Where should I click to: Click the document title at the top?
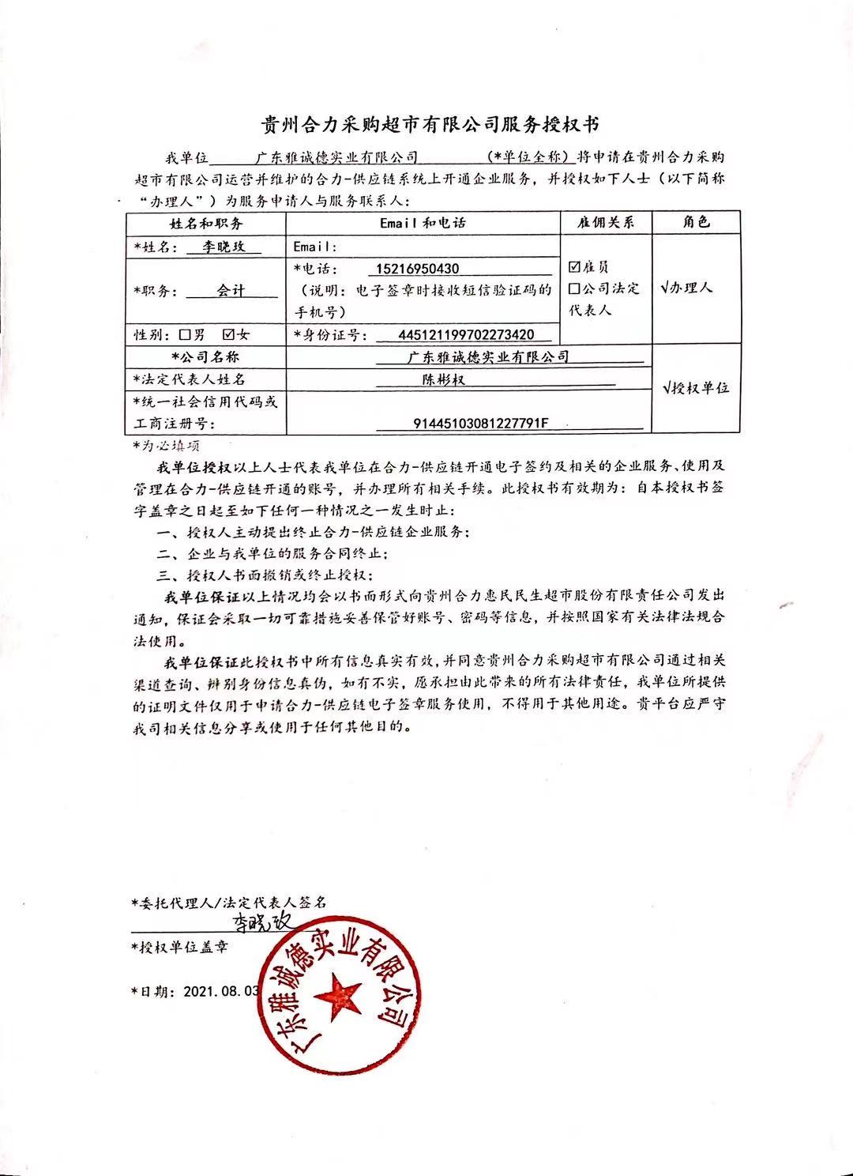(430, 126)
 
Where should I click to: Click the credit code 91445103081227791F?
(480, 424)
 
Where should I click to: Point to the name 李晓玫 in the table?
(224, 247)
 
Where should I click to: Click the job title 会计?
(231, 290)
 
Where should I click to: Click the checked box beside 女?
(229, 334)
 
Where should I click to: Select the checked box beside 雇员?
(574, 267)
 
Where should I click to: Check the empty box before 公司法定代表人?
(574, 288)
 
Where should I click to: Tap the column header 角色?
(696, 222)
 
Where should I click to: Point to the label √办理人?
(686, 288)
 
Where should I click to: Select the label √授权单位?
(696, 387)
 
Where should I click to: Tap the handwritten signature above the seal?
(261, 922)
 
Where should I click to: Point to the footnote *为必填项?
(166, 446)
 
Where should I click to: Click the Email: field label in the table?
(315, 247)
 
